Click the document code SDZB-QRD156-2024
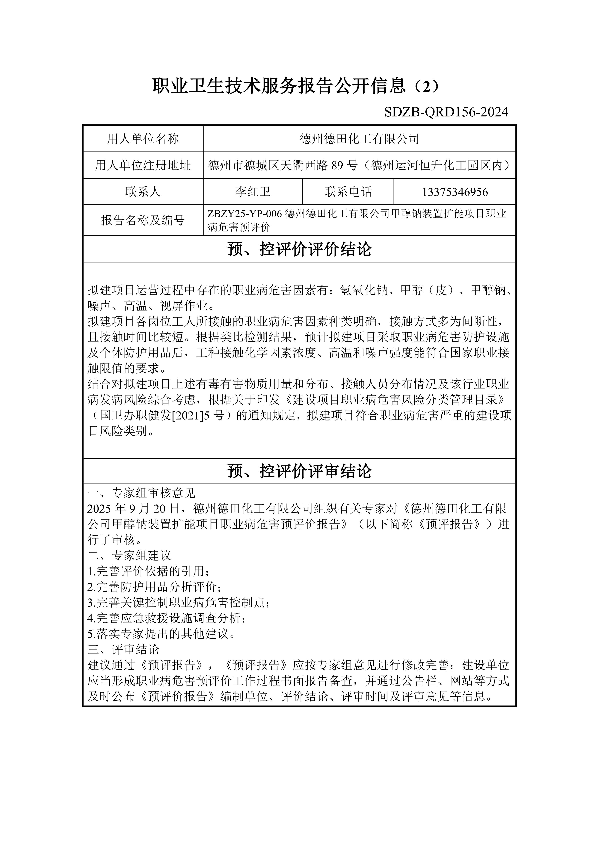click(x=446, y=112)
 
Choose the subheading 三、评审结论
click(x=123, y=649)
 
